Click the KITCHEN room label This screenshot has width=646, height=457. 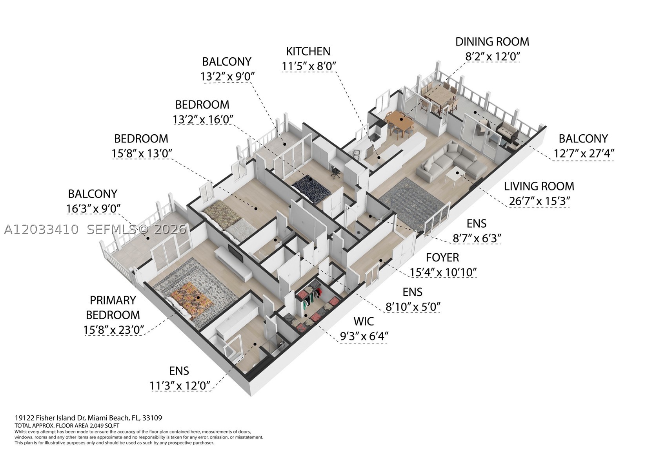[308, 51]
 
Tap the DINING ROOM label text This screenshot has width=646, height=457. [492, 42]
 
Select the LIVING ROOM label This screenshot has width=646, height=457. [539, 186]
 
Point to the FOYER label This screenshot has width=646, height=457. [442, 257]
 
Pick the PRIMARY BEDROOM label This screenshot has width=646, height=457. [113, 307]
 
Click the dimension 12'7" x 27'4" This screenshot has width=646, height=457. [583, 153]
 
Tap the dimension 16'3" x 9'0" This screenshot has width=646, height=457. [93, 208]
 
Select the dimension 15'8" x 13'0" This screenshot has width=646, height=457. [142, 153]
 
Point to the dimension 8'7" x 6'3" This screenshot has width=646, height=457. [477, 238]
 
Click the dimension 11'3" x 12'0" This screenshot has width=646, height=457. [179, 386]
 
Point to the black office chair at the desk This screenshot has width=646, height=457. [335, 172]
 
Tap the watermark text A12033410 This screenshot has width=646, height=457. [41, 230]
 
